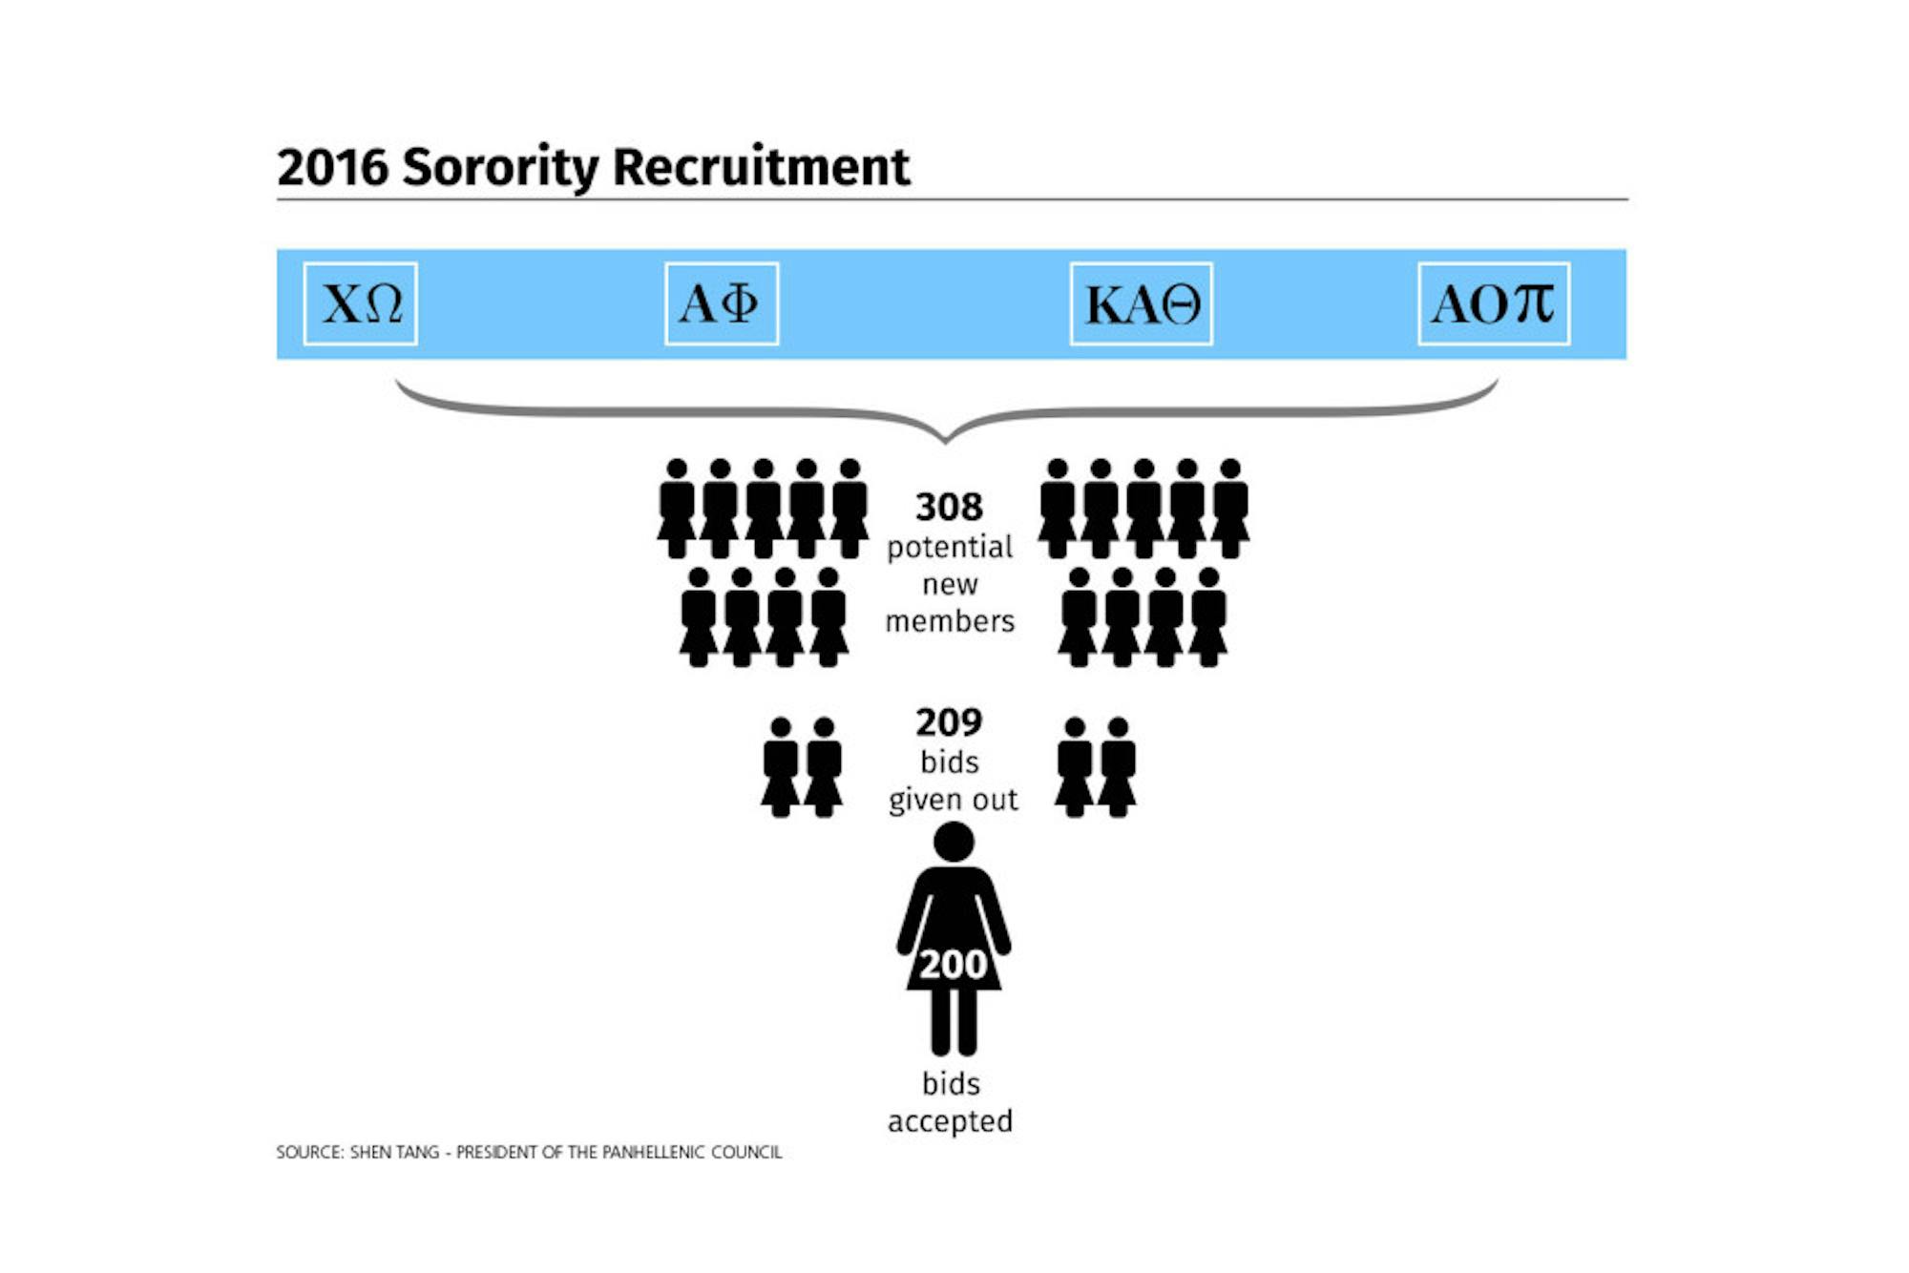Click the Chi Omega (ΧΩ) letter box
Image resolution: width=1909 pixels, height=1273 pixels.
pyautogui.click(x=360, y=303)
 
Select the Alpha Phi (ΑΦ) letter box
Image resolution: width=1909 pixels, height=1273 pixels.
pyautogui.click(x=722, y=303)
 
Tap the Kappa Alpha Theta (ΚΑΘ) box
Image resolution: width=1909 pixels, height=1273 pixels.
pyautogui.click(x=1142, y=303)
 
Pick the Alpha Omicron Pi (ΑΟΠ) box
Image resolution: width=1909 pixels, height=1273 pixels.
pyautogui.click(x=1494, y=303)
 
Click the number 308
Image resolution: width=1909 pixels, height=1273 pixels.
pyautogui.click(x=949, y=507)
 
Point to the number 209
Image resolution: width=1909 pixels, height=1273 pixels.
pyautogui.click(x=949, y=722)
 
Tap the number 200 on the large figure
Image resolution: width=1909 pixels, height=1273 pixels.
pyautogui.click(x=953, y=965)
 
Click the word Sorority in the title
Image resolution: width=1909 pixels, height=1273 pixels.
pyautogui.click(x=500, y=168)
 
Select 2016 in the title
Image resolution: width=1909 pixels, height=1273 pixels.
pyautogui.click(x=332, y=167)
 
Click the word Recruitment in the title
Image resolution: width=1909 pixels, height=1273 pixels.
pyautogui.click(x=761, y=167)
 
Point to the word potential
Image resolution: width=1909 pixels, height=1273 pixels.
pyautogui.click(x=950, y=548)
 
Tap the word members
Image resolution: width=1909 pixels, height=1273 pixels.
pyautogui.click(x=950, y=621)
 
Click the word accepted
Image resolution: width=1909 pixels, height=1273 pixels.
pyautogui.click(x=950, y=1121)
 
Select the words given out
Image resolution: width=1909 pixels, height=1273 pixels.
pyautogui.click(x=953, y=800)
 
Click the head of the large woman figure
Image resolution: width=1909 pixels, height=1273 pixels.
pyautogui.click(x=954, y=842)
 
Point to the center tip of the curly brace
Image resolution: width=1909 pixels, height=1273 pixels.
pyautogui.click(x=945, y=442)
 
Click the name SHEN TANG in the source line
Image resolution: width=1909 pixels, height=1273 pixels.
pyautogui.click(x=394, y=1152)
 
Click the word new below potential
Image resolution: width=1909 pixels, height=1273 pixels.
pyautogui.click(x=950, y=585)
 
